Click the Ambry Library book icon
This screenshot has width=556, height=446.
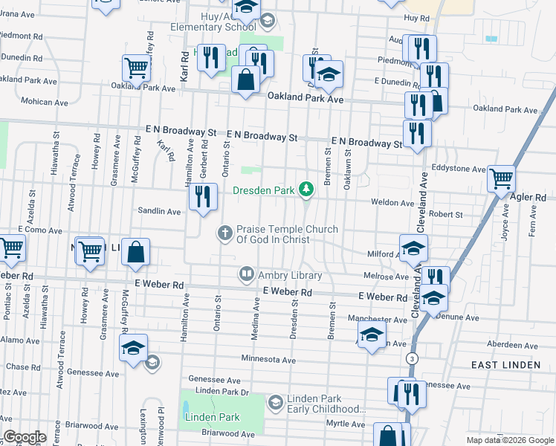[x=246, y=275]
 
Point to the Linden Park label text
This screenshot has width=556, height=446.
[x=213, y=417]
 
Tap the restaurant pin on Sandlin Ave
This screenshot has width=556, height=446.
[x=201, y=196]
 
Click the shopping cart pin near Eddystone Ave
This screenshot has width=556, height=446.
[x=502, y=178]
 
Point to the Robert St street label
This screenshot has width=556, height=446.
[x=446, y=214]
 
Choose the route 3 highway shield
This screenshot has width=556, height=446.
[x=411, y=358]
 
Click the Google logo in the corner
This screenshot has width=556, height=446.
[x=25, y=437]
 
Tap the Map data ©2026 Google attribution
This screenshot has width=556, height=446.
[x=510, y=440]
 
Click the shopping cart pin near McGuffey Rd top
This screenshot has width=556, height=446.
[x=137, y=68]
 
